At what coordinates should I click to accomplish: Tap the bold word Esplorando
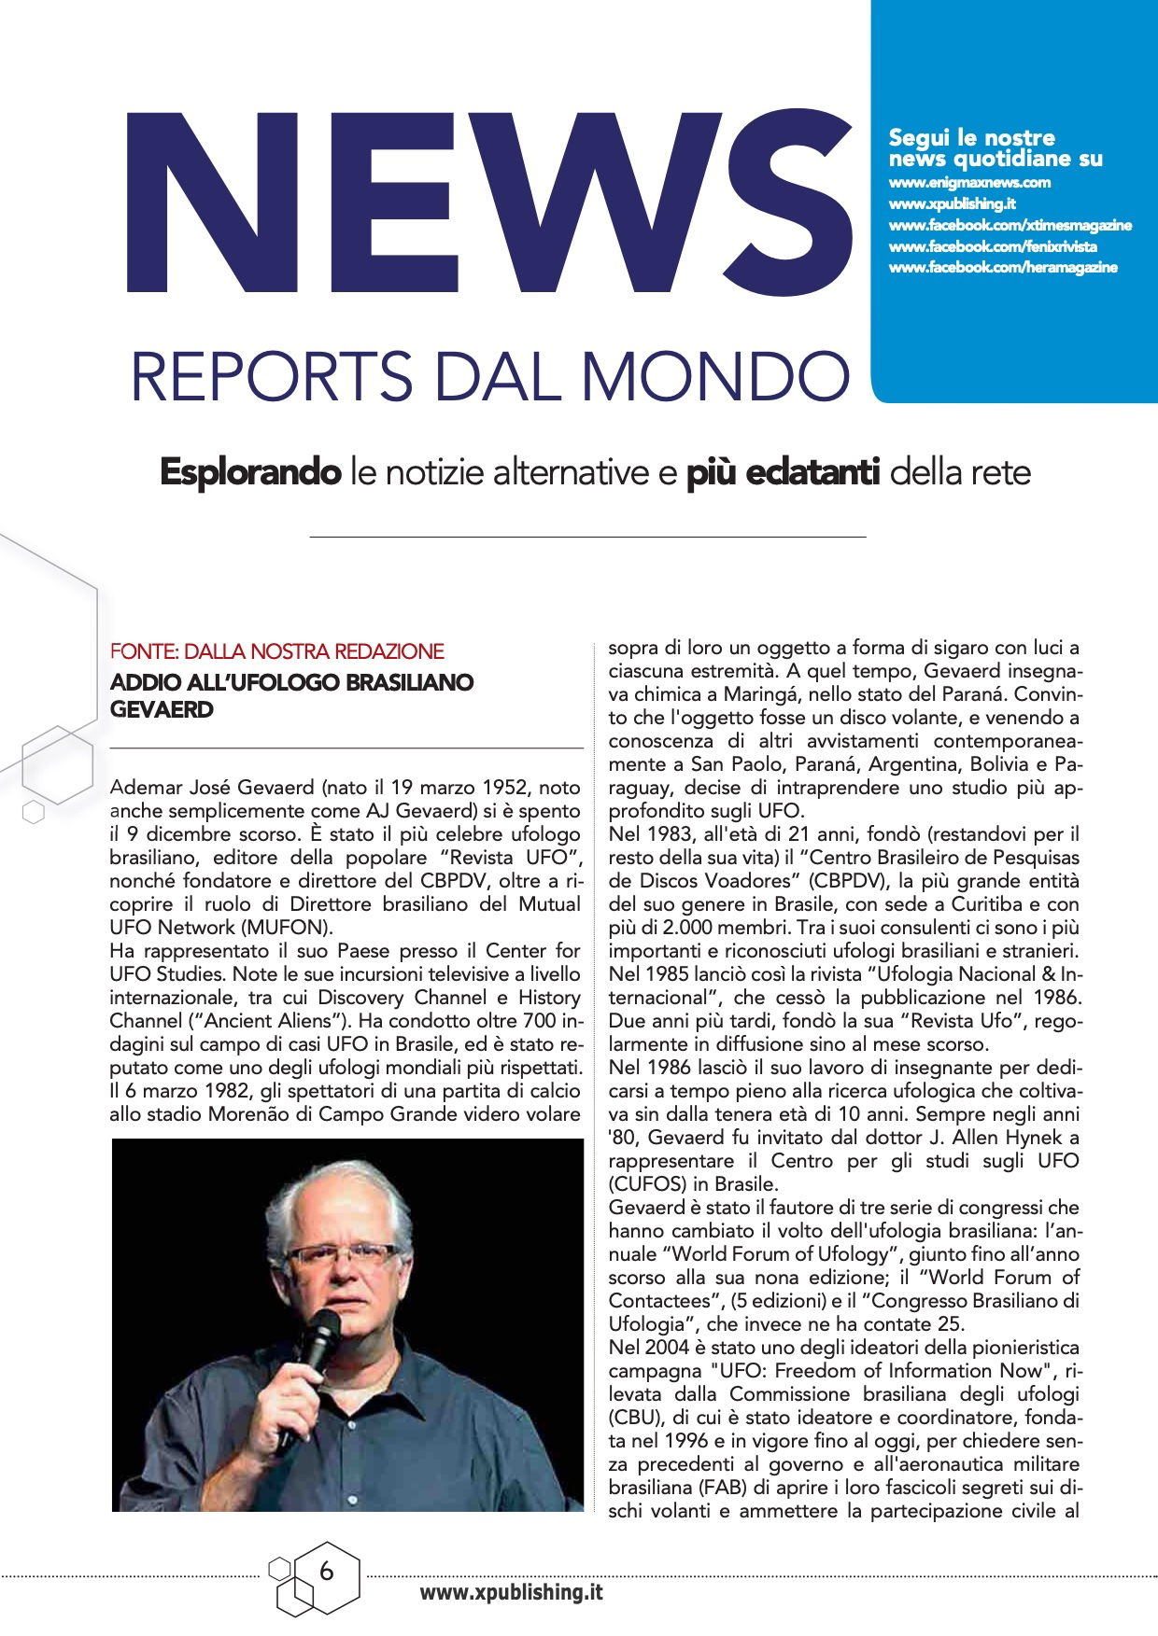250,473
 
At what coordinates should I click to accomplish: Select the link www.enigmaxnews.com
969,182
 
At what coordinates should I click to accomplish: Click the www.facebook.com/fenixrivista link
993,246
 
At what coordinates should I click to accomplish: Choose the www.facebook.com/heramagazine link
1003,268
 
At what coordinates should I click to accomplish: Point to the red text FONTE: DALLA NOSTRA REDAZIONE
276,651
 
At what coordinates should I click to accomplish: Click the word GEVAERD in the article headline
162,709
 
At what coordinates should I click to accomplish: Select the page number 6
326,1572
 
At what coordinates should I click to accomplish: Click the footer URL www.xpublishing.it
511,1593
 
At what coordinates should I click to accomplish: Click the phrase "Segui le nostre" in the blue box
971,138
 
